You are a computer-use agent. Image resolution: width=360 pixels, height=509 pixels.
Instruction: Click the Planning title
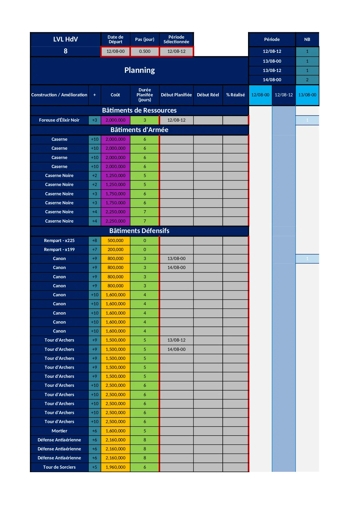click(140, 70)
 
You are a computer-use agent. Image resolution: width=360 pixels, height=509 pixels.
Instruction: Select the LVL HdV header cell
click(66, 39)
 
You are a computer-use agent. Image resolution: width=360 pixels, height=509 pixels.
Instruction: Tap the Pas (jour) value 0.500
click(144, 51)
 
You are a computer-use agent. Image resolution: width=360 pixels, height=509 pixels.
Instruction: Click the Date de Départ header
click(115, 39)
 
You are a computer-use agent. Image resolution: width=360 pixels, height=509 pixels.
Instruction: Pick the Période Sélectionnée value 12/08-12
click(176, 51)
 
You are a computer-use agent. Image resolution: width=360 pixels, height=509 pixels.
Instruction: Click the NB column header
click(307, 39)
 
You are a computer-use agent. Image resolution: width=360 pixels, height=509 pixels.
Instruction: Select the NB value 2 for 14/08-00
click(307, 80)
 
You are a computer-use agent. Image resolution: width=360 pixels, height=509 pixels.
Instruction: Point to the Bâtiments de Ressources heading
click(139, 110)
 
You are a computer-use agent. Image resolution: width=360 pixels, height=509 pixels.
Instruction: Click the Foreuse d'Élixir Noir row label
click(59, 120)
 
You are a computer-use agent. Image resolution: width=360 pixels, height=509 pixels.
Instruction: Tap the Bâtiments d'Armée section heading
click(139, 130)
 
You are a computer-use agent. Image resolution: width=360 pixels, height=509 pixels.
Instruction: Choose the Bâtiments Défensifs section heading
click(139, 231)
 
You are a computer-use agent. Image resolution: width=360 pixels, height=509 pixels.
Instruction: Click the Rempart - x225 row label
click(59, 241)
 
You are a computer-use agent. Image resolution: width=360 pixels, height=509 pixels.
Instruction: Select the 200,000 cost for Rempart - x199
click(115, 250)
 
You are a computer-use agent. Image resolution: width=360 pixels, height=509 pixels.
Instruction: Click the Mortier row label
click(59, 431)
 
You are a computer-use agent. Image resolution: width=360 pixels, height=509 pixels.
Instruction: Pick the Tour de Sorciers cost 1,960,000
click(115, 467)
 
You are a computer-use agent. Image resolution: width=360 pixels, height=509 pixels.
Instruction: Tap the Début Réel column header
click(208, 95)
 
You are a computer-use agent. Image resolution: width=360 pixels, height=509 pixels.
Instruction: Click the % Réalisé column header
click(236, 95)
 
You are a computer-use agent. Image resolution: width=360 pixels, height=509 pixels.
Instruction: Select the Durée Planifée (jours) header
click(144, 95)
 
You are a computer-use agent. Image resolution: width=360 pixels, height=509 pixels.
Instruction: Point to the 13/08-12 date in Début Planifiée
click(176, 340)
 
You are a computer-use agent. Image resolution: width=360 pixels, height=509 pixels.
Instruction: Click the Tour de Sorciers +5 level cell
click(95, 467)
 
